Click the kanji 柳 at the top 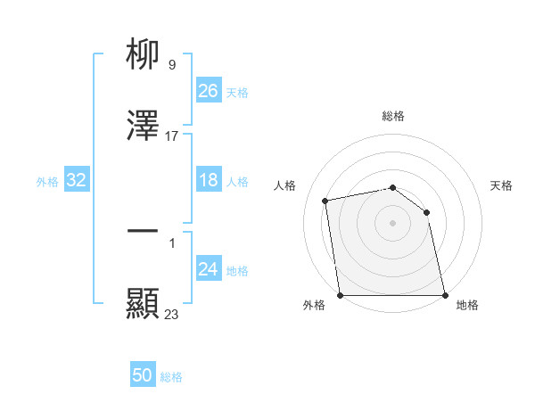144,55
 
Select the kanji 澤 144,127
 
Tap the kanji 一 144,231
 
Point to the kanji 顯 144,304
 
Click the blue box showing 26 209,91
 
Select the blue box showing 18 209,181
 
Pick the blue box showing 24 209,269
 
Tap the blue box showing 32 77,181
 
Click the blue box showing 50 143,376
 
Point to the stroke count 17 172,136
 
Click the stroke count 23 172,314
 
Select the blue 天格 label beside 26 237,93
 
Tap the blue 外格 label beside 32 47,182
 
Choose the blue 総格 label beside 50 171,377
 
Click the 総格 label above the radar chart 393,116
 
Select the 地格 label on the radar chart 467,305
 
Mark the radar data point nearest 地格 444,294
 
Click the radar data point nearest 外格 341,294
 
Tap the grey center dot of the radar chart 392,222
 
